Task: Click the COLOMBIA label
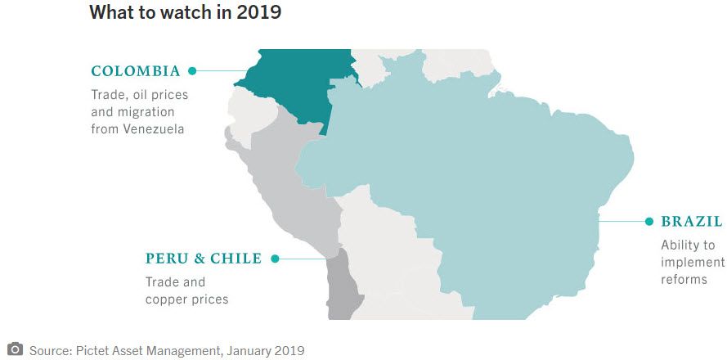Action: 136,71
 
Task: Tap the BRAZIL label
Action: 692,222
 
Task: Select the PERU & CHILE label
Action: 204,259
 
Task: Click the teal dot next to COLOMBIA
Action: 192,71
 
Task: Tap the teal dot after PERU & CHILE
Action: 275,259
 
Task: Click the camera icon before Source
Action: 15,349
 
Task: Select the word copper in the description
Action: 167,299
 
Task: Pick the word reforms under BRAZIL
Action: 684,280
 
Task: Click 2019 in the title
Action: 255,13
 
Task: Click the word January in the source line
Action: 245,351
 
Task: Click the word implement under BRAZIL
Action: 693,263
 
